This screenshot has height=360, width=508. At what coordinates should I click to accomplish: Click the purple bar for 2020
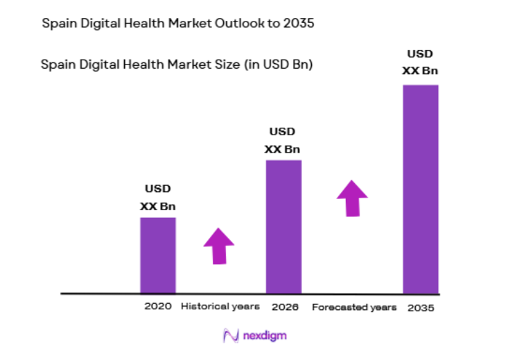157,255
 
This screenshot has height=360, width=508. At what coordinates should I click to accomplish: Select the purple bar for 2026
283,226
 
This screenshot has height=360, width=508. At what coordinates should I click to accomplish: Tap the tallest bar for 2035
421,189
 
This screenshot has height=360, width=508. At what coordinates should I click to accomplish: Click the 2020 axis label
157,306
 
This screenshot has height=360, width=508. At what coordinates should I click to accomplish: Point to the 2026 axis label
284,306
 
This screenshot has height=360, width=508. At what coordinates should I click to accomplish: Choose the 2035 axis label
421,307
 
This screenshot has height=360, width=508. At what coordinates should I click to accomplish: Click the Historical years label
220,306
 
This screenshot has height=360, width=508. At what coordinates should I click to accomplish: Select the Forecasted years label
354,307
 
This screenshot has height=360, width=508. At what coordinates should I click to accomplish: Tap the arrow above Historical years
219,246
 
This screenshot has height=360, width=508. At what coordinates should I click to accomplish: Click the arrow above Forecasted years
353,198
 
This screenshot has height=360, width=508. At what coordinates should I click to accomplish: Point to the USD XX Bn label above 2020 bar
157,197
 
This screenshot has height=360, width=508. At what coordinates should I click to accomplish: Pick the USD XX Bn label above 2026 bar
282,140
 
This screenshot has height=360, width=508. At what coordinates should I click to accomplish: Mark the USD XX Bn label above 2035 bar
420,62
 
